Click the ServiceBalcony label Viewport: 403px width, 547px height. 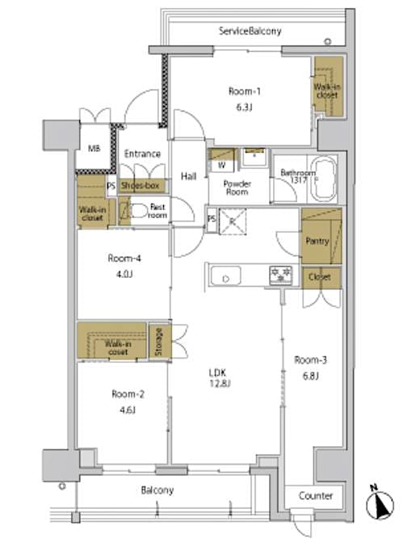click(250, 31)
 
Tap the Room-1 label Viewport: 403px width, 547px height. click(241, 91)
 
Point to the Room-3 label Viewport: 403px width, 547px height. click(309, 360)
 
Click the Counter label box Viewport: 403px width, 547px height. click(314, 495)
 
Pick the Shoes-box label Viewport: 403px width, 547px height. click(142, 185)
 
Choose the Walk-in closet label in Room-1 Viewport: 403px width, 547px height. click(328, 90)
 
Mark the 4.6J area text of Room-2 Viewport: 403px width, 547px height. click(125, 410)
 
